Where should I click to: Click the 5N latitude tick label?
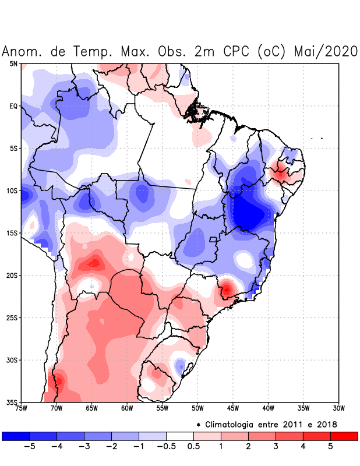pos(13,63)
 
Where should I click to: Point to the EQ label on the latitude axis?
pos(13,106)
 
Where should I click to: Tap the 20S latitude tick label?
pos(13,276)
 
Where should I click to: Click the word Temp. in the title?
pos(93,51)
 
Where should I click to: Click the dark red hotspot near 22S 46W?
pos(226,288)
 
